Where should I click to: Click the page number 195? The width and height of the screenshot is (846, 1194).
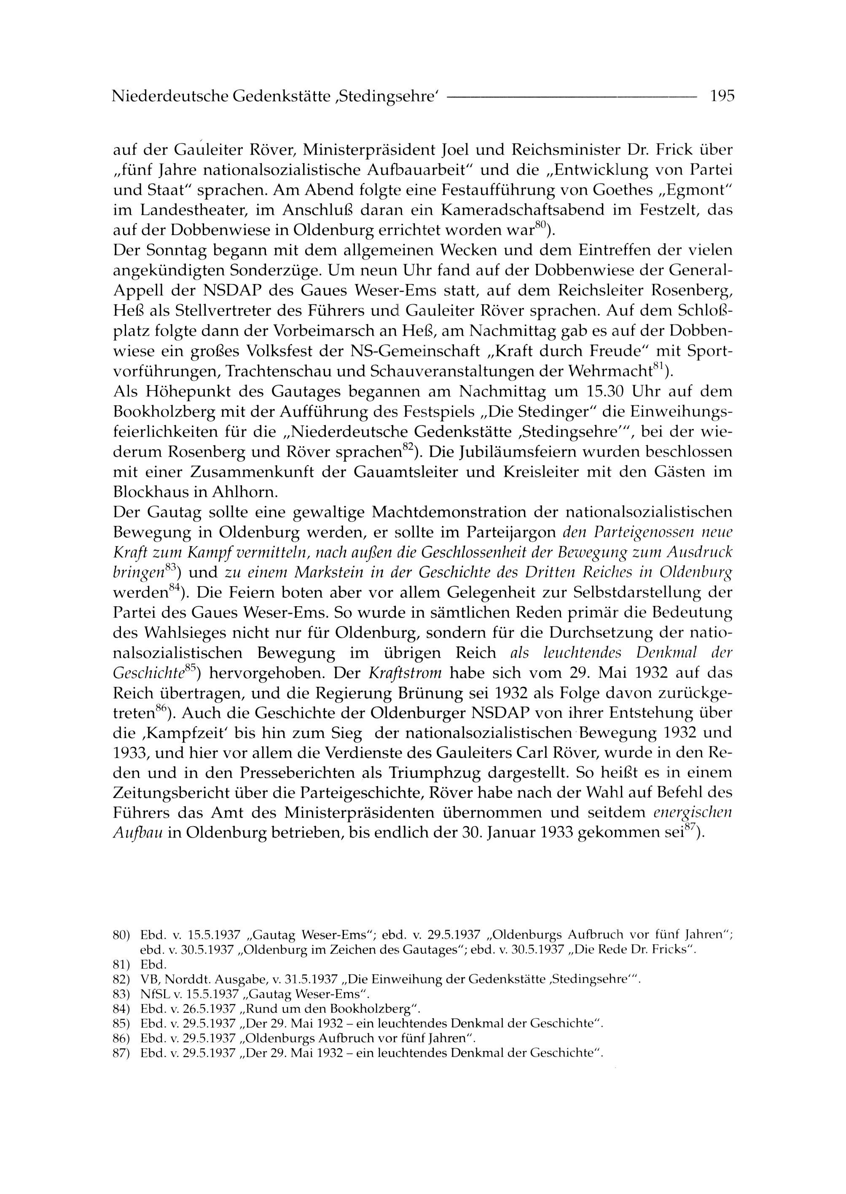tap(722, 96)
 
